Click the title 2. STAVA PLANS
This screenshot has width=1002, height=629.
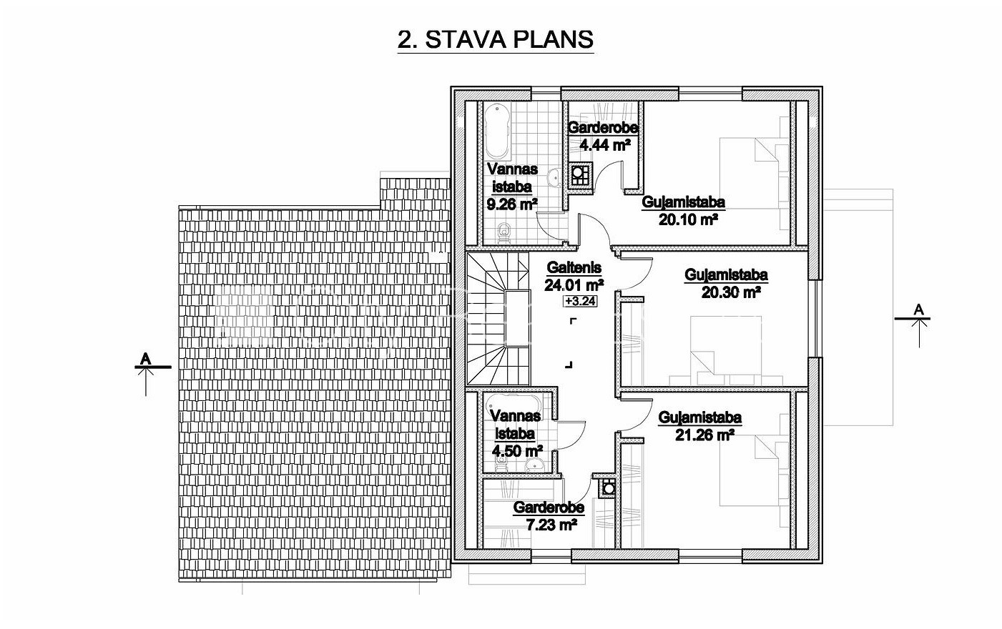point(496,40)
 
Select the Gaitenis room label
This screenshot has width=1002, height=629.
point(574,268)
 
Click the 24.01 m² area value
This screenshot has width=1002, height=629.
point(574,284)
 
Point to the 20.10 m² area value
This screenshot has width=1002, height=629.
point(688,219)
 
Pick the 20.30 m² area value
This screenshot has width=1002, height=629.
point(731,292)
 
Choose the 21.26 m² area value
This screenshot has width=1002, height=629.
point(704,435)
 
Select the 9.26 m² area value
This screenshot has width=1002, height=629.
point(512,204)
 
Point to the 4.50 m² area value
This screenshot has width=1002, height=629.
point(517,451)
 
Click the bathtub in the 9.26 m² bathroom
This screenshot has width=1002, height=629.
point(497,132)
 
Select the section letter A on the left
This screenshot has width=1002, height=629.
point(145,359)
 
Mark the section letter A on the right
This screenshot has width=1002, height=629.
point(918,309)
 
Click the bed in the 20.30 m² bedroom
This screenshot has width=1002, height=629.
point(725,350)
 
